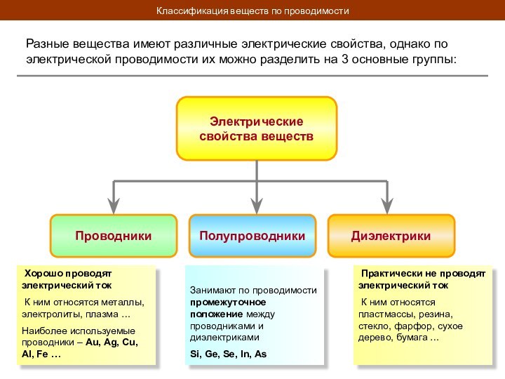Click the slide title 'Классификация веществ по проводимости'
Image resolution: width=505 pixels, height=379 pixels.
point(252,11)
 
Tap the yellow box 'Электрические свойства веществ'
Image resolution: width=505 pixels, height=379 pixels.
point(257,128)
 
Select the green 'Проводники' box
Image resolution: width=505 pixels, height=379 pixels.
point(114,236)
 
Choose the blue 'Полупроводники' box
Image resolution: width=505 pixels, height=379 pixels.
point(252,236)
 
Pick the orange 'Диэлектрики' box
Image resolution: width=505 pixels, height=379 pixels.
point(391,236)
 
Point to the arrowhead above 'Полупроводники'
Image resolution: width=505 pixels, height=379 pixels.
point(257,205)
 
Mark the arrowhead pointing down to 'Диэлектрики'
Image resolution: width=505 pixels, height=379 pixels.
point(386,205)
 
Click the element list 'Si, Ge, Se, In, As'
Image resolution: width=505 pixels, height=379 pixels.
point(229,354)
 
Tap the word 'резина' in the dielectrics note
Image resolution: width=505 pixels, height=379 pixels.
point(437,314)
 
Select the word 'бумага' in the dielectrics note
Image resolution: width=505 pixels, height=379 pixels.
point(411,338)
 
